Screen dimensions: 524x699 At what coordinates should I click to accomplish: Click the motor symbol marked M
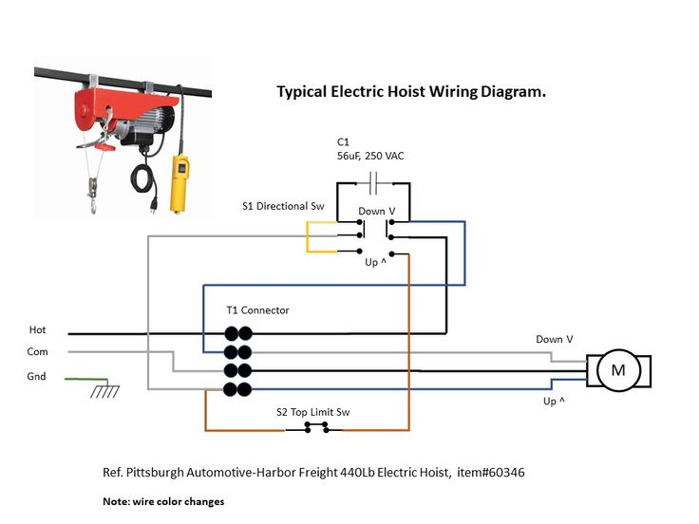(x=617, y=370)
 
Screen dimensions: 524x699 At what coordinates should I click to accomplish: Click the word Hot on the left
(x=37, y=330)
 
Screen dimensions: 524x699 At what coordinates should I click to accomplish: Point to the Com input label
(x=37, y=351)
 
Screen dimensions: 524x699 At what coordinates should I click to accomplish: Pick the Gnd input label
(x=36, y=377)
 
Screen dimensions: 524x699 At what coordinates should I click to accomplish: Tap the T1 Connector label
(x=257, y=310)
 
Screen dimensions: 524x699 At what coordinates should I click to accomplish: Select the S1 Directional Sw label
(x=276, y=206)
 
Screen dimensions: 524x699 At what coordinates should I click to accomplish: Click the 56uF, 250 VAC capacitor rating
(x=370, y=155)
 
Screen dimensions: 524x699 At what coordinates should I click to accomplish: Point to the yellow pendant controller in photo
(x=178, y=184)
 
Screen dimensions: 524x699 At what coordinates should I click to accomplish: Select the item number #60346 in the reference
(x=517, y=472)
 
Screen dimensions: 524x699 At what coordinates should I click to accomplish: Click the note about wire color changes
(x=163, y=500)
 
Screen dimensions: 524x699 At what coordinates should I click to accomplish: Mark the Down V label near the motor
(x=555, y=339)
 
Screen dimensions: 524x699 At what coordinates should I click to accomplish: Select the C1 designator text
(x=343, y=141)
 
